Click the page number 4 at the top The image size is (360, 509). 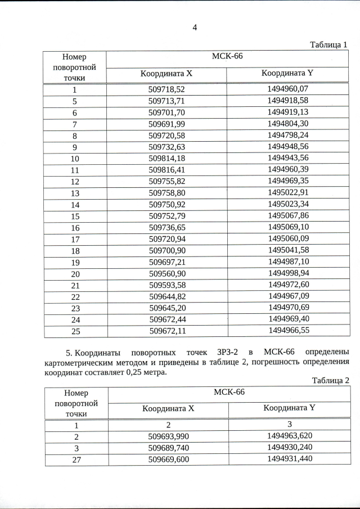click(x=194, y=27)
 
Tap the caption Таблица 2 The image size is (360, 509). click(x=331, y=380)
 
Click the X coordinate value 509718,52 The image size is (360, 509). click(x=166, y=89)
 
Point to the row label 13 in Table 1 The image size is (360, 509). click(x=75, y=193)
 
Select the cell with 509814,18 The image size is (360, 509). click(x=166, y=158)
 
